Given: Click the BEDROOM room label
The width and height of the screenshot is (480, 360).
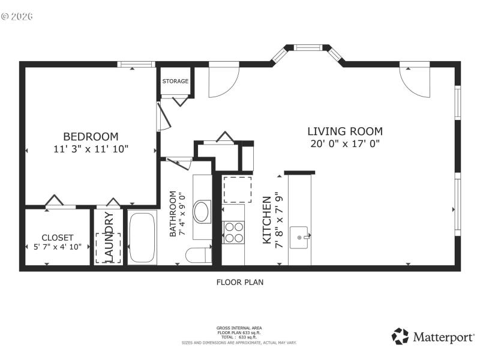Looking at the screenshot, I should pos(91,136).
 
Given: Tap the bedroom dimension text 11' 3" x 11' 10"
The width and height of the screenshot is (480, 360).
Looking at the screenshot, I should pos(91,149).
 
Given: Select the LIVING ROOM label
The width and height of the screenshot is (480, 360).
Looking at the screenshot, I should pos(344,131).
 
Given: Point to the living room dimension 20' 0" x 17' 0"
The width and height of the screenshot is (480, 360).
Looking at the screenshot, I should pos(344,143).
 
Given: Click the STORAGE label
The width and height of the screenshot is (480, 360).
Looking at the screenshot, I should pos(175,81).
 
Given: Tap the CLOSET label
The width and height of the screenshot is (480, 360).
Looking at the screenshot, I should pos(58,238).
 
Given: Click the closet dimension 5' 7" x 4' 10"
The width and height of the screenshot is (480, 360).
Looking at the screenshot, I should pos(58,247).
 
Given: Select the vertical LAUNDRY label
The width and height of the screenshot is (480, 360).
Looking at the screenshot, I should pos(109,237).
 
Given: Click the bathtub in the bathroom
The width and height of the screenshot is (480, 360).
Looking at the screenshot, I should pos(142,238).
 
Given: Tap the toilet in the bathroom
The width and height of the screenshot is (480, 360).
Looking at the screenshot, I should pos(197,255).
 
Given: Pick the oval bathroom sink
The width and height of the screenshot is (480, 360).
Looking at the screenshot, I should pos(202,211).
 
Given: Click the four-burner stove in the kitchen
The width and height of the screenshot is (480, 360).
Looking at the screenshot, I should pos(233,232).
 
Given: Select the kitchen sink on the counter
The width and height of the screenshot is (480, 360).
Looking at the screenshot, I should pos(299,237).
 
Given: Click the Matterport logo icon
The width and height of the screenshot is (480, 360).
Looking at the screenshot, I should pos(400,336).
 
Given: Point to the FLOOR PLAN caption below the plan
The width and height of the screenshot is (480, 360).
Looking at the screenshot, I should pos(239,281).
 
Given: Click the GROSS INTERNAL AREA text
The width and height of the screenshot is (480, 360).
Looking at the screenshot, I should pos(239,328).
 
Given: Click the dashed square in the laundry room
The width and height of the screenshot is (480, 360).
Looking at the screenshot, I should pos(109,248).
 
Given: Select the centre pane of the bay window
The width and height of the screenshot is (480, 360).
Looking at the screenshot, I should pos(308,47).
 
